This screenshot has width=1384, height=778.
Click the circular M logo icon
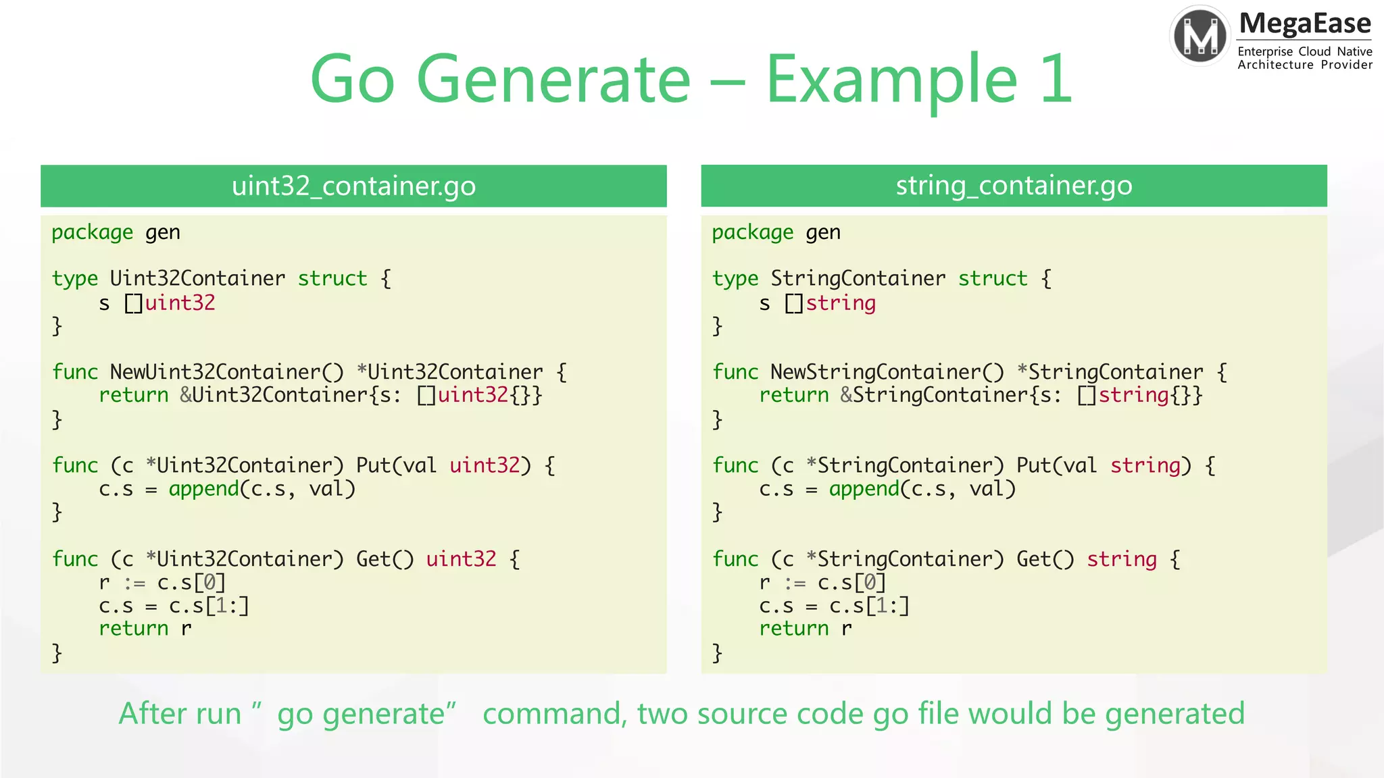(x=1200, y=36)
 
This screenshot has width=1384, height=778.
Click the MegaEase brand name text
(x=1305, y=24)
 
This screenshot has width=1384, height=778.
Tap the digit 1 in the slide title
(x=1057, y=80)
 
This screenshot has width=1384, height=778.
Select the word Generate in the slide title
(x=553, y=80)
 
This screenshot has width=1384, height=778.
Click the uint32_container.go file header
(x=353, y=186)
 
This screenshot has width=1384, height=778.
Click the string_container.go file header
(x=1014, y=186)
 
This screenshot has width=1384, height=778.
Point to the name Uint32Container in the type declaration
(x=197, y=278)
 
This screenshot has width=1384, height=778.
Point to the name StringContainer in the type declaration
(x=858, y=278)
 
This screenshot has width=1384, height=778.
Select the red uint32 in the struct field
(x=180, y=303)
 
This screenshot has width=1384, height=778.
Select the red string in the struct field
(x=840, y=303)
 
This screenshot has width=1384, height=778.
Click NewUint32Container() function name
(x=226, y=372)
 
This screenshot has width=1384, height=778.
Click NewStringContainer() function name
(x=887, y=372)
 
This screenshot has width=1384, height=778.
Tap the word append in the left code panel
(x=203, y=488)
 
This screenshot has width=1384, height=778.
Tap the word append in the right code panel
(x=864, y=488)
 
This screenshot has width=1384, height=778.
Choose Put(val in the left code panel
(x=396, y=465)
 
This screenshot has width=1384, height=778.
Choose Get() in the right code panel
(x=1045, y=559)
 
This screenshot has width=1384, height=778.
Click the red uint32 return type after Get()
(x=461, y=559)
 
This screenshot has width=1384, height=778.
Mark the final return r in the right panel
(x=805, y=629)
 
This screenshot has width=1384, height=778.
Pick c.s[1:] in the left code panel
(x=209, y=606)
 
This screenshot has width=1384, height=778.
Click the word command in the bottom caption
(x=554, y=714)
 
